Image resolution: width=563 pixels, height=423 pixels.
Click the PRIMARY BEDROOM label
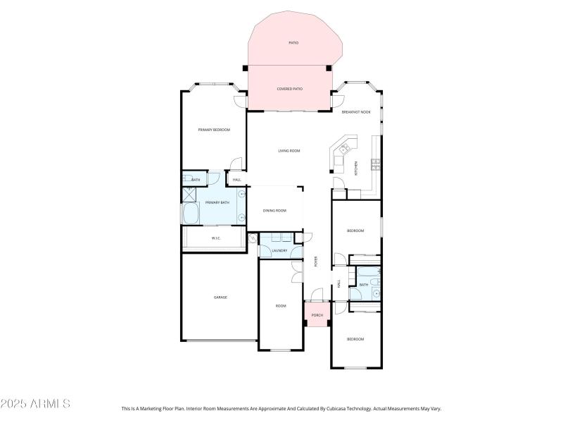click(x=214, y=130)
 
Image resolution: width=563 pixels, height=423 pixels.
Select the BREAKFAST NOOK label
click(x=355, y=112)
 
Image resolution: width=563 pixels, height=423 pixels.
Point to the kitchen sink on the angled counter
click(x=345, y=149)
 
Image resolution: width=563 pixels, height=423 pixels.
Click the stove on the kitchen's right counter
click(x=376, y=165)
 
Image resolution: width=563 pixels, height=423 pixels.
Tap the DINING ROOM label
click(x=274, y=211)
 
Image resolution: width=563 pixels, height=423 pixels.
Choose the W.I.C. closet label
click(x=217, y=238)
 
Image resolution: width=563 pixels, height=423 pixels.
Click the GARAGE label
click(x=220, y=298)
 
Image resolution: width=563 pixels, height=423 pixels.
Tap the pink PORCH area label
click(x=317, y=315)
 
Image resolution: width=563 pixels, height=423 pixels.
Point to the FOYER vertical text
click(x=316, y=262)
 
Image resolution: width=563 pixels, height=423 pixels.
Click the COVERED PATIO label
click(x=289, y=89)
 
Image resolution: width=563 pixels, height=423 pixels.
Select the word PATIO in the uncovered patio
click(x=293, y=43)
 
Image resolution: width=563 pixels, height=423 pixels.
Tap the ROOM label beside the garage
click(x=281, y=306)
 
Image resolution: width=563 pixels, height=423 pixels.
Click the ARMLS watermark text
click(x=35, y=404)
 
